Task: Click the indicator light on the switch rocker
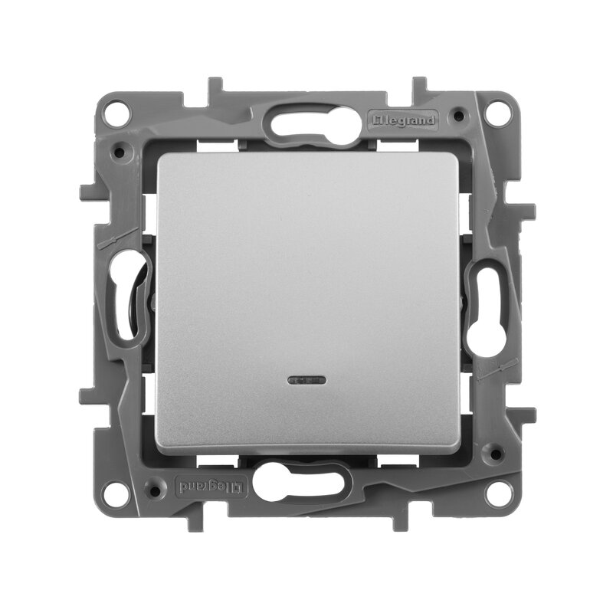(306, 379)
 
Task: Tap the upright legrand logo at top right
(403, 120)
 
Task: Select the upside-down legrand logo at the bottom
(211, 487)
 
